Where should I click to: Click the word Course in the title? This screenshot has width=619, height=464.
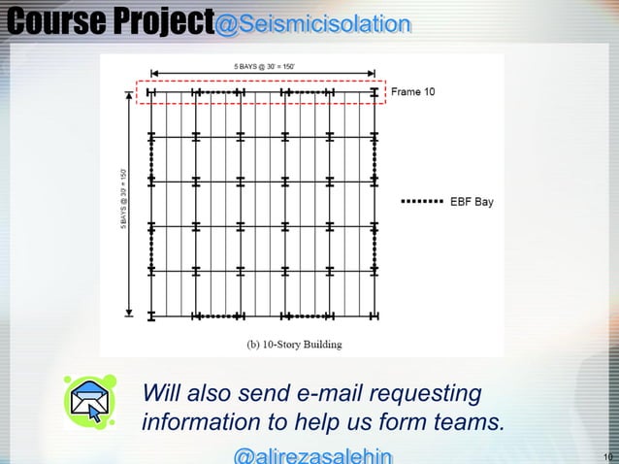49,20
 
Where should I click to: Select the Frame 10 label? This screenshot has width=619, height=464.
413,92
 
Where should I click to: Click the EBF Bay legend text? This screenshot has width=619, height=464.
472,202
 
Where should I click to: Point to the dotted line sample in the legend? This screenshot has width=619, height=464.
421,202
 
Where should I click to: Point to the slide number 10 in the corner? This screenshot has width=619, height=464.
608,456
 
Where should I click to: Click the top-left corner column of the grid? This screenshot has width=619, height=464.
151,93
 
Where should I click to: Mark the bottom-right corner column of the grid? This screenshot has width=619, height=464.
375,316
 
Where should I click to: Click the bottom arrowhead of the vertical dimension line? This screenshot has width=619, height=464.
130,313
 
